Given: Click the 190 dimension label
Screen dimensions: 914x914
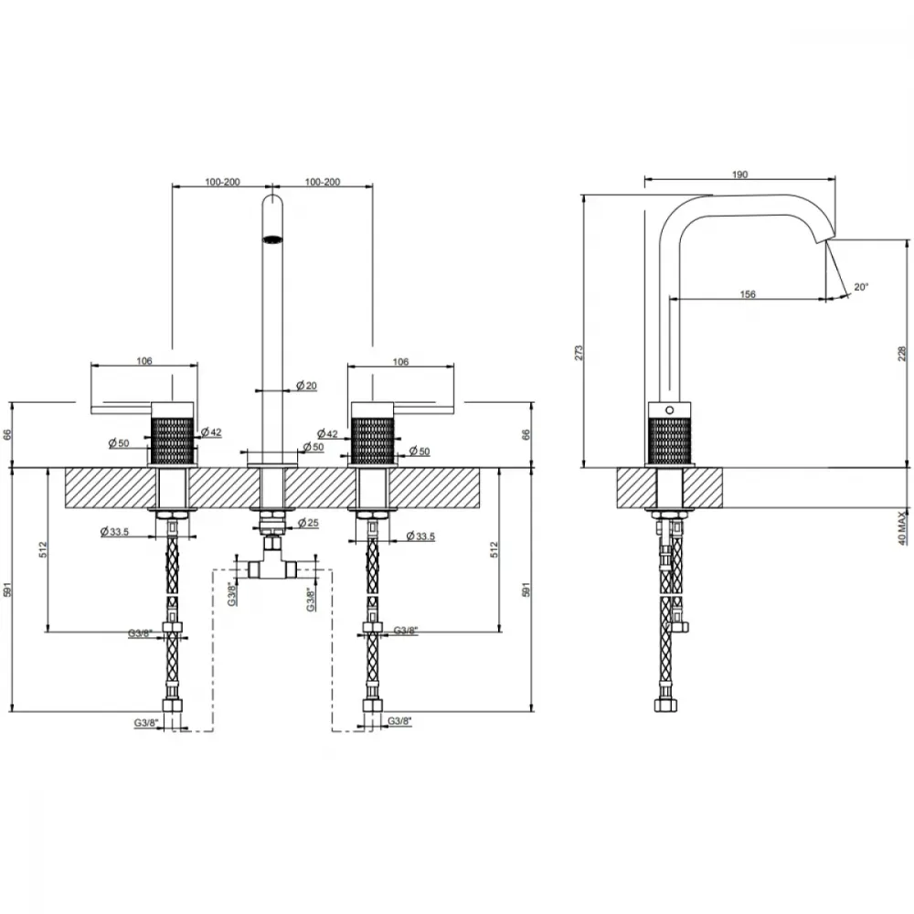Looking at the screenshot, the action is click(739, 175).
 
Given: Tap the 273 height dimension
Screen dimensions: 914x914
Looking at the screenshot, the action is click(579, 352).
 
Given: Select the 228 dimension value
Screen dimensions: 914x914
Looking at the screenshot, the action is click(902, 353).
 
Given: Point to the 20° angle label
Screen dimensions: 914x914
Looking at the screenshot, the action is click(861, 287).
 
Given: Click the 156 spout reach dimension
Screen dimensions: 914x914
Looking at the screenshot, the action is click(748, 293).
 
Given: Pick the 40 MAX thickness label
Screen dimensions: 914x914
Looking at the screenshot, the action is click(902, 527).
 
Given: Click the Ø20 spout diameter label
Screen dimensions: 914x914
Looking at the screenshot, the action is click(306, 386).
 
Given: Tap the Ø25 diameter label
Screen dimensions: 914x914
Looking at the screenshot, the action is click(308, 523).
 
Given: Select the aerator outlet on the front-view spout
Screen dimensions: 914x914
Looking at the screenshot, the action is click(272, 239).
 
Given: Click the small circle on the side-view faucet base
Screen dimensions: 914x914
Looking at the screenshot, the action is click(669, 409).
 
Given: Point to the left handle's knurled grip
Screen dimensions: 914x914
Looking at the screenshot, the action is click(173, 440).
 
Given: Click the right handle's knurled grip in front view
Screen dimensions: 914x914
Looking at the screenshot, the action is click(373, 440).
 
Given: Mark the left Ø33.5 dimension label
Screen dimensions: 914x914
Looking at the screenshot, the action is click(114, 531).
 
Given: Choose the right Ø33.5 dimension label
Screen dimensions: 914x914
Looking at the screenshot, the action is click(420, 536).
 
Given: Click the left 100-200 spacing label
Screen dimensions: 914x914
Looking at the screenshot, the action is click(222, 182).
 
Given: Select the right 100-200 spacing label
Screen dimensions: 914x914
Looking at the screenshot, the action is click(323, 182).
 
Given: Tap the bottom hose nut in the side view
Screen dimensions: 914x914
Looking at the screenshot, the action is click(664, 706).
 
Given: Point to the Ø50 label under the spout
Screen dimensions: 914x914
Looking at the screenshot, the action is click(313, 447).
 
